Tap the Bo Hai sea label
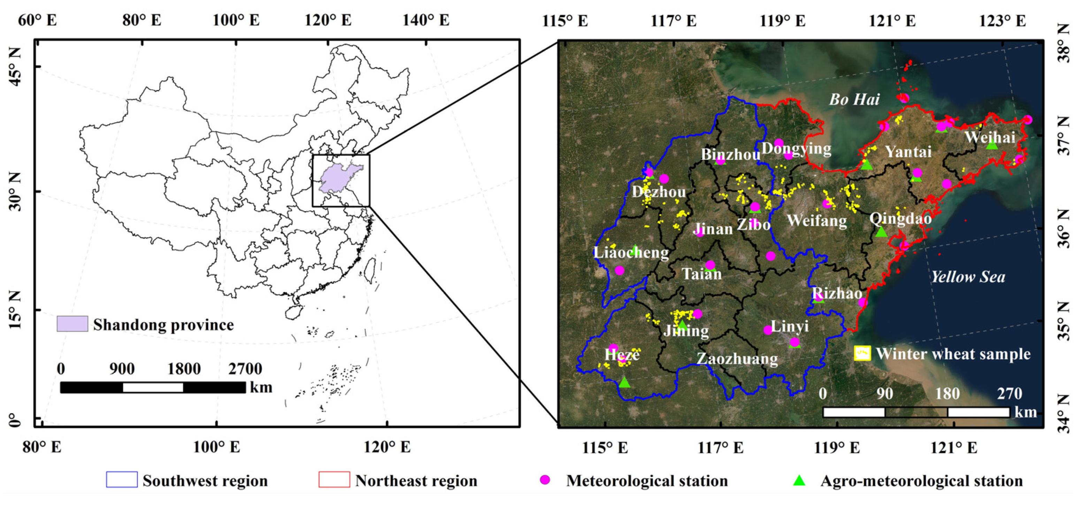pos(854,100)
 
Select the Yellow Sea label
pos(968,277)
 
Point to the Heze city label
pos(622,355)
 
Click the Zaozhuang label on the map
pos(737,359)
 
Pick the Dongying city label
pos(796,148)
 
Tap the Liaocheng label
pos(631,252)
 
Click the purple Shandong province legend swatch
pos(72,324)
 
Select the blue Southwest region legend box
pos(122,479)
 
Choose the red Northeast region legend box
pos(334,479)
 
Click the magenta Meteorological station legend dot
pos(545,480)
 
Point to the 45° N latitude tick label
pos(14,67)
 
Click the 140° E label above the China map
pos(425,20)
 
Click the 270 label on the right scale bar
pos(1009,394)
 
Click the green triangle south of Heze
pos(624,382)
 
